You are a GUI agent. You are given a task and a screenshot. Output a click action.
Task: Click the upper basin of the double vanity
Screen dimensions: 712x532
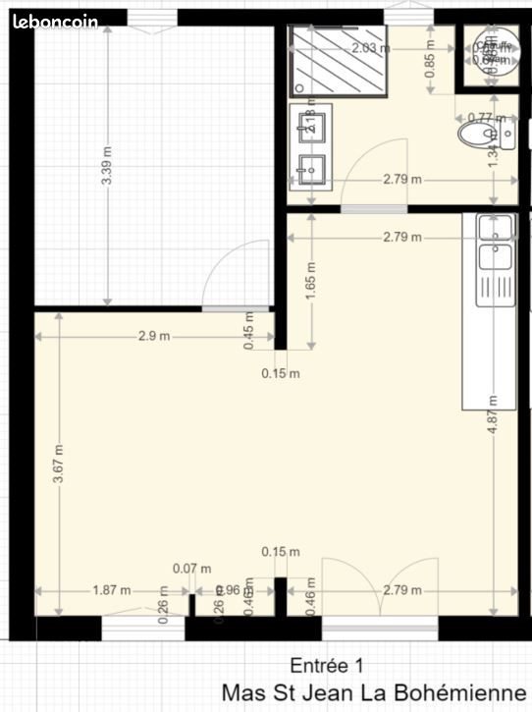click(312, 126)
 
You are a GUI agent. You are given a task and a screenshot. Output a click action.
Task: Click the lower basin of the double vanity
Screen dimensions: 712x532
click(312, 169)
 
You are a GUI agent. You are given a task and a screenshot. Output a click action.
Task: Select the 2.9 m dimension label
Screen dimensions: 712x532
click(154, 336)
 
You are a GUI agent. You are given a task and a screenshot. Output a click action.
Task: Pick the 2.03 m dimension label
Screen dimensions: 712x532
click(370, 47)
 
